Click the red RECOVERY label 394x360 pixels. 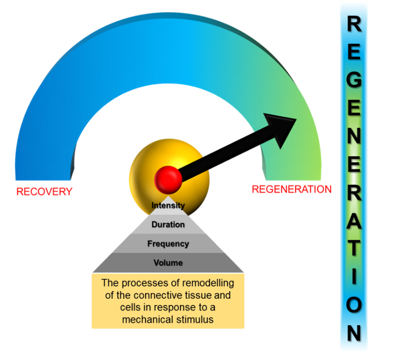coord(44,192)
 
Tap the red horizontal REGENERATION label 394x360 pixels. coord(292,189)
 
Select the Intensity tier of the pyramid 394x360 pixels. coord(168,205)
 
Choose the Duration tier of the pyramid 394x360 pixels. coord(168,225)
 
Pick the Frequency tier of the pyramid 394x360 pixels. coord(168,244)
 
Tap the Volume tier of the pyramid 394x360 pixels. coord(168,263)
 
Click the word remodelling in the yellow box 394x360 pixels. coord(209,282)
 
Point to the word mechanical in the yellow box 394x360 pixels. coord(146,319)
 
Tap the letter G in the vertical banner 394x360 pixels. coord(354,80)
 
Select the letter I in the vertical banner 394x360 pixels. coord(354,277)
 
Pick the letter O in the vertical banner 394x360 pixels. coord(354,305)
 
